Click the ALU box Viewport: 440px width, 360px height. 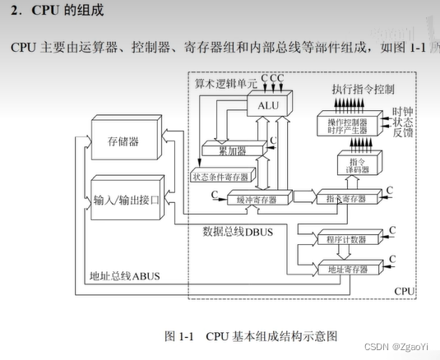tap(267, 106)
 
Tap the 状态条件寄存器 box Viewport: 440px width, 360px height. tap(220, 177)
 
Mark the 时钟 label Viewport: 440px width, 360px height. tap(402, 112)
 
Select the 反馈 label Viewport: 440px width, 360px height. tap(402, 135)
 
